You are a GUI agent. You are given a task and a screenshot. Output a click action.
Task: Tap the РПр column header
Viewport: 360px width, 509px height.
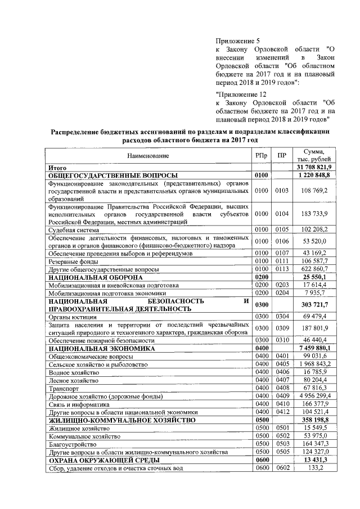pyautogui.click(x=261, y=156)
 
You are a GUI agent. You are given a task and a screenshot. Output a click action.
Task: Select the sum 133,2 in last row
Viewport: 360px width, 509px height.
pyautogui.click(x=319, y=467)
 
